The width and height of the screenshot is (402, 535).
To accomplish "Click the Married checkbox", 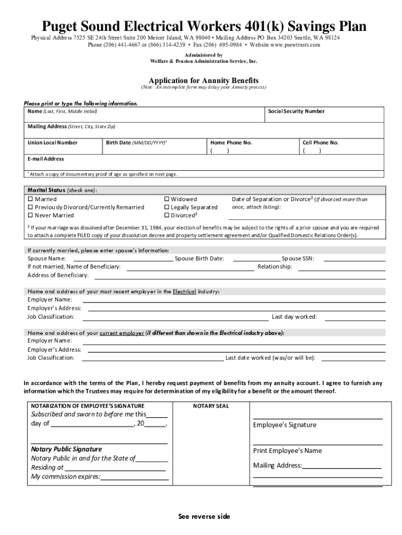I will [x=30, y=199].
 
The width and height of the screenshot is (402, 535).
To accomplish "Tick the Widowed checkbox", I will [x=167, y=199].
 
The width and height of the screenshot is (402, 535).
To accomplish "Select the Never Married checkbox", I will [x=30, y=215].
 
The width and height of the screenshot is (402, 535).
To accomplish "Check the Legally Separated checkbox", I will [x=167, y=207].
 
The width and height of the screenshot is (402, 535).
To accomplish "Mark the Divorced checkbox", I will [x=167, y=215].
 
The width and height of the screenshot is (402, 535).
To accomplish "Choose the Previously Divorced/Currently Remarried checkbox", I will [x=30, y=207].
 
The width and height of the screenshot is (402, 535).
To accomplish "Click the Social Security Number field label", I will [x=296, y=111].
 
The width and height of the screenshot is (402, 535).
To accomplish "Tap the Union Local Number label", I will [x=52, y=143].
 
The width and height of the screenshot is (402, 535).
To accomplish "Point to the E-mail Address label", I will [x=46, y=159].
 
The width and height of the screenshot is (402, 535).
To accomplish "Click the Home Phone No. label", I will [x=231, y=143].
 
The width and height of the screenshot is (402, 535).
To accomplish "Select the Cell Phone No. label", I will [x=321, y=143].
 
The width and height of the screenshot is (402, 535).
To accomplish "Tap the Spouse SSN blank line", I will [x=354, y=259].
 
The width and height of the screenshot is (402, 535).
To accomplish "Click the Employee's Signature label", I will [x=285, y=425].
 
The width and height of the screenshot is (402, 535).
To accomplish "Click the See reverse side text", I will [x=204, y=517].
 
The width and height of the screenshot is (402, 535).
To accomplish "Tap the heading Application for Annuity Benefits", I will [x=204, y=80].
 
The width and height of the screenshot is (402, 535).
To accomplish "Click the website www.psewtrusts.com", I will [x=294, y=45].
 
